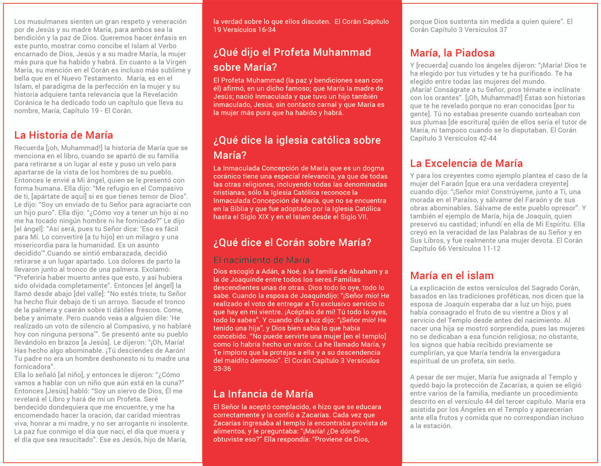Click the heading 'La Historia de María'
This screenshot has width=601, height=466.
63,135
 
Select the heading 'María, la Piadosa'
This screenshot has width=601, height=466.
452,53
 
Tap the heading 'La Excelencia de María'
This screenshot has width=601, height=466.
466,163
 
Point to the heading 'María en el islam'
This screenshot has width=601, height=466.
452,276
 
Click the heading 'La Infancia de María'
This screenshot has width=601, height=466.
263,394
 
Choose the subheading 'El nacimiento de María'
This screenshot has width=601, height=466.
261,260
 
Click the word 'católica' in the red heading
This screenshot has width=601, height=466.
333,140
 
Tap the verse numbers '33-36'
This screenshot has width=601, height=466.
222,369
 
